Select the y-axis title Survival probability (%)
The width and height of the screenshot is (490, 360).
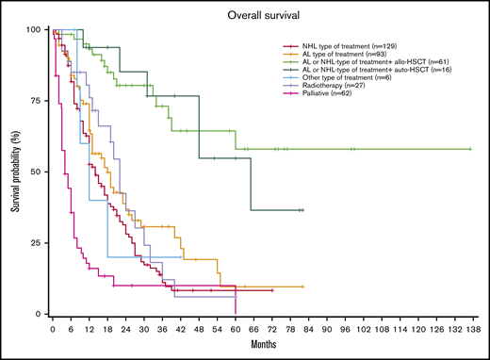coord(16,172)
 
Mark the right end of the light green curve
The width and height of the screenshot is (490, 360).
coord(469,149)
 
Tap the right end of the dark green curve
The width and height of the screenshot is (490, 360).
coord(302,209)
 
